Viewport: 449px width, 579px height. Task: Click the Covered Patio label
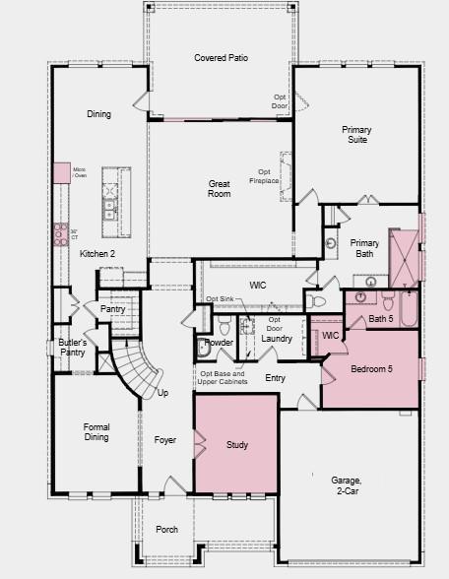tap(221, 58)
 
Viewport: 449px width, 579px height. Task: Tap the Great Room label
tap(219, 188)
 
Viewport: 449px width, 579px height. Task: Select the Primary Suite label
tap(356, 135)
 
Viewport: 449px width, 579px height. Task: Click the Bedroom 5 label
tap(369, 369)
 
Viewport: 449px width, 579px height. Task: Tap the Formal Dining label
tap(96, 432)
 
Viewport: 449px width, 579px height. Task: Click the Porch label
tap(167, 530)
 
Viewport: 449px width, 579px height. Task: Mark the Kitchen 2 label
tap(97, 254)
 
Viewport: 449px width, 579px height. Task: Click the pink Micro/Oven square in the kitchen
tap(62, 172)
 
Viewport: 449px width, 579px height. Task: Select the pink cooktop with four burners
tap(60, 232)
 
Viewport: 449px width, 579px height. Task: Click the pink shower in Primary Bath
tap(403, 250)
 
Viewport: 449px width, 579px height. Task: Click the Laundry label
tap(276, 339)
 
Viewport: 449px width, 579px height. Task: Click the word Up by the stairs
tap(162, 393)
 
